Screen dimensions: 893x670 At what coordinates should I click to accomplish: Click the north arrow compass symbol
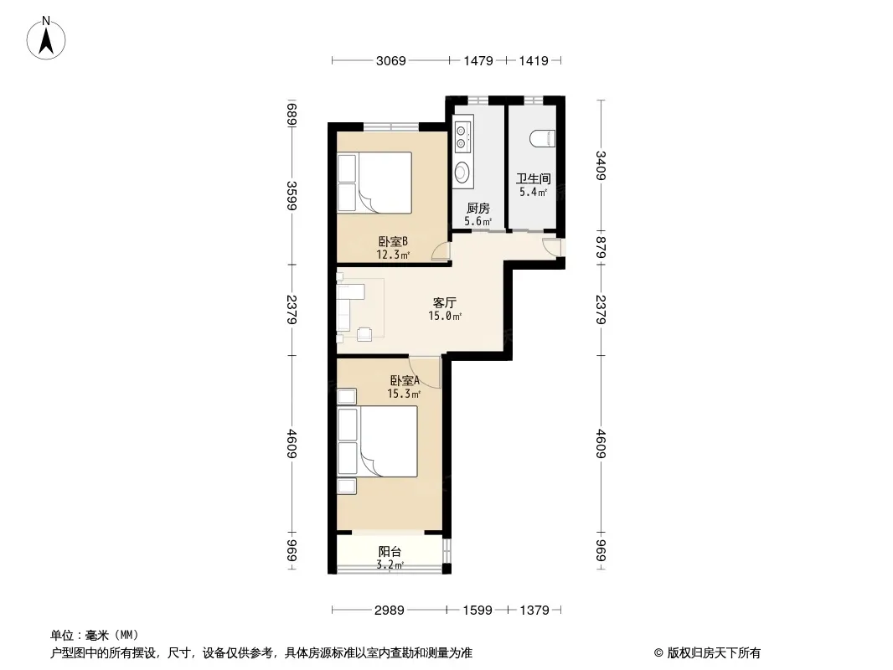46,39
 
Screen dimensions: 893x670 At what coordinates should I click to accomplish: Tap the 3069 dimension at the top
390,60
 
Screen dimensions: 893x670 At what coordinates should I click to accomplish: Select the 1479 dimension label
477,60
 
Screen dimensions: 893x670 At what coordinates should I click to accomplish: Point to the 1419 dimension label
533,60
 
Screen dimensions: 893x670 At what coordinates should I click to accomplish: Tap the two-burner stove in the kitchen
463,135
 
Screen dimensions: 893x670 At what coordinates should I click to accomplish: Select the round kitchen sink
462,173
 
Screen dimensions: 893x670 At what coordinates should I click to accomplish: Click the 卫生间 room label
533,178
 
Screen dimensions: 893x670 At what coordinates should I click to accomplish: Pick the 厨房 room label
477,209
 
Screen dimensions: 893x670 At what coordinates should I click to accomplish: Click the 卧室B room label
393,242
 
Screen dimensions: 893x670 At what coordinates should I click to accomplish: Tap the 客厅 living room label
444,303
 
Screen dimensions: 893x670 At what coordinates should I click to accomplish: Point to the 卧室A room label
405,380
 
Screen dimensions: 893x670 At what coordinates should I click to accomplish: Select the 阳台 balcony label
390,552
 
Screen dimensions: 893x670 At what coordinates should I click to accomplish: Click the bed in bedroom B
374,183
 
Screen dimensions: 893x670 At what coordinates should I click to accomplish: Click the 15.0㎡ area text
445,317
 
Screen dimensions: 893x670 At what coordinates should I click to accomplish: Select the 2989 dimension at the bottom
390,611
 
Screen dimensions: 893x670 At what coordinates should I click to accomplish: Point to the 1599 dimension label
477,611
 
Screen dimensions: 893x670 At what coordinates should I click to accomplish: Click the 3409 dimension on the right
601,166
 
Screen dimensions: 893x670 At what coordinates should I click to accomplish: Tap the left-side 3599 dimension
292,195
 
